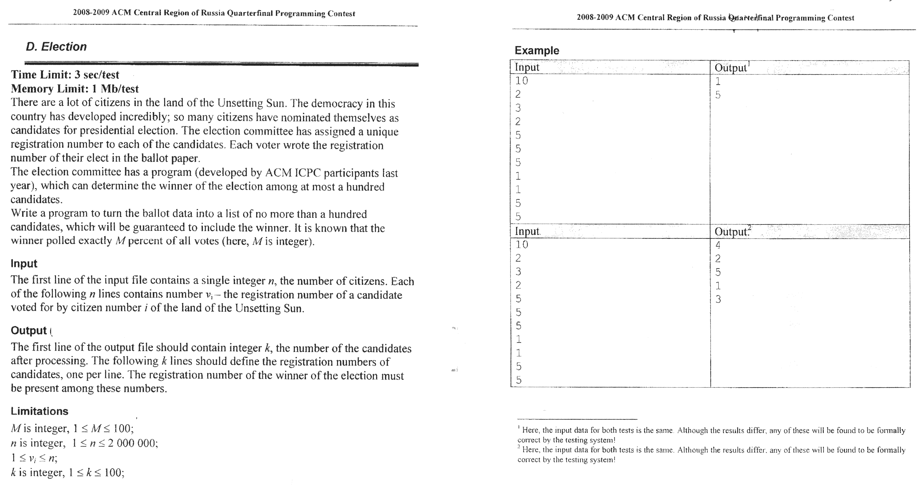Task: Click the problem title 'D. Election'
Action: pos(56,46)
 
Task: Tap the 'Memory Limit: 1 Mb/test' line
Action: pos(74,88)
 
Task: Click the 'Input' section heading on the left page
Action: pos(24,263)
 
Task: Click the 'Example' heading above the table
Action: pos(537,50)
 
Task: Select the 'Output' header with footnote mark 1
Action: pos(731,68)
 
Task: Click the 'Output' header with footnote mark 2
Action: pos(732,232)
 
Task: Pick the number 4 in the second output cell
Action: pos(718,245)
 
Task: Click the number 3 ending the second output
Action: pos(718,299)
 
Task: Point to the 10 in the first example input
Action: pos(522,81)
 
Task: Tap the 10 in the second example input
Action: pos(522,245)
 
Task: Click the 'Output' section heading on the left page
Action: pos(29,330)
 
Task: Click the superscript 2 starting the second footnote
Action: pos(519,447)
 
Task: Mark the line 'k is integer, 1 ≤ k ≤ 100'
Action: pos(68,473)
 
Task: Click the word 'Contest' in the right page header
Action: pos(841,18)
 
